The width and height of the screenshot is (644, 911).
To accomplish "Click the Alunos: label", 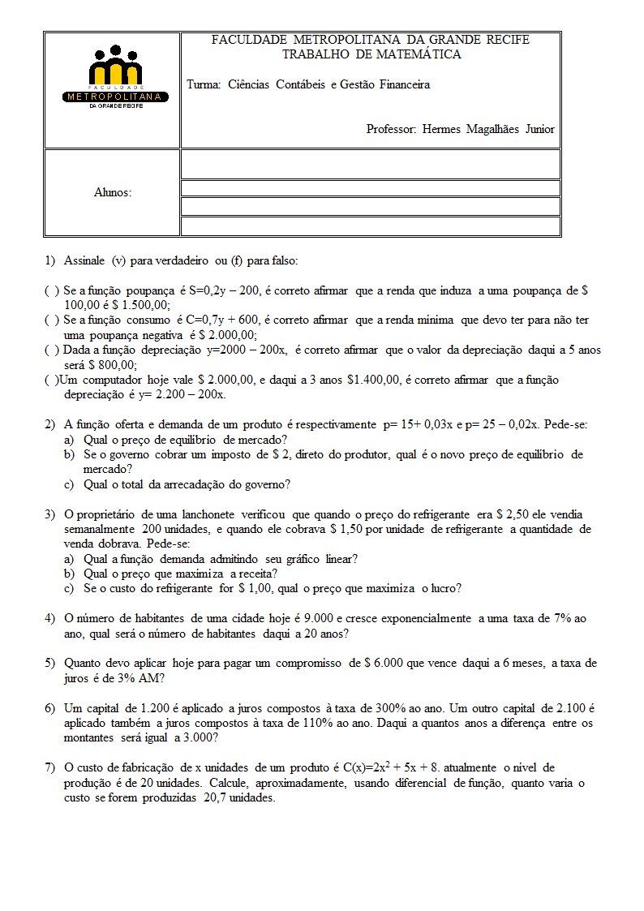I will [113, 192].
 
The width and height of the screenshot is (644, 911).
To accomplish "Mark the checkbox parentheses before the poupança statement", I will [51, 290].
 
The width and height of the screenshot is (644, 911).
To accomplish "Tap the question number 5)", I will [50, 663].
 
